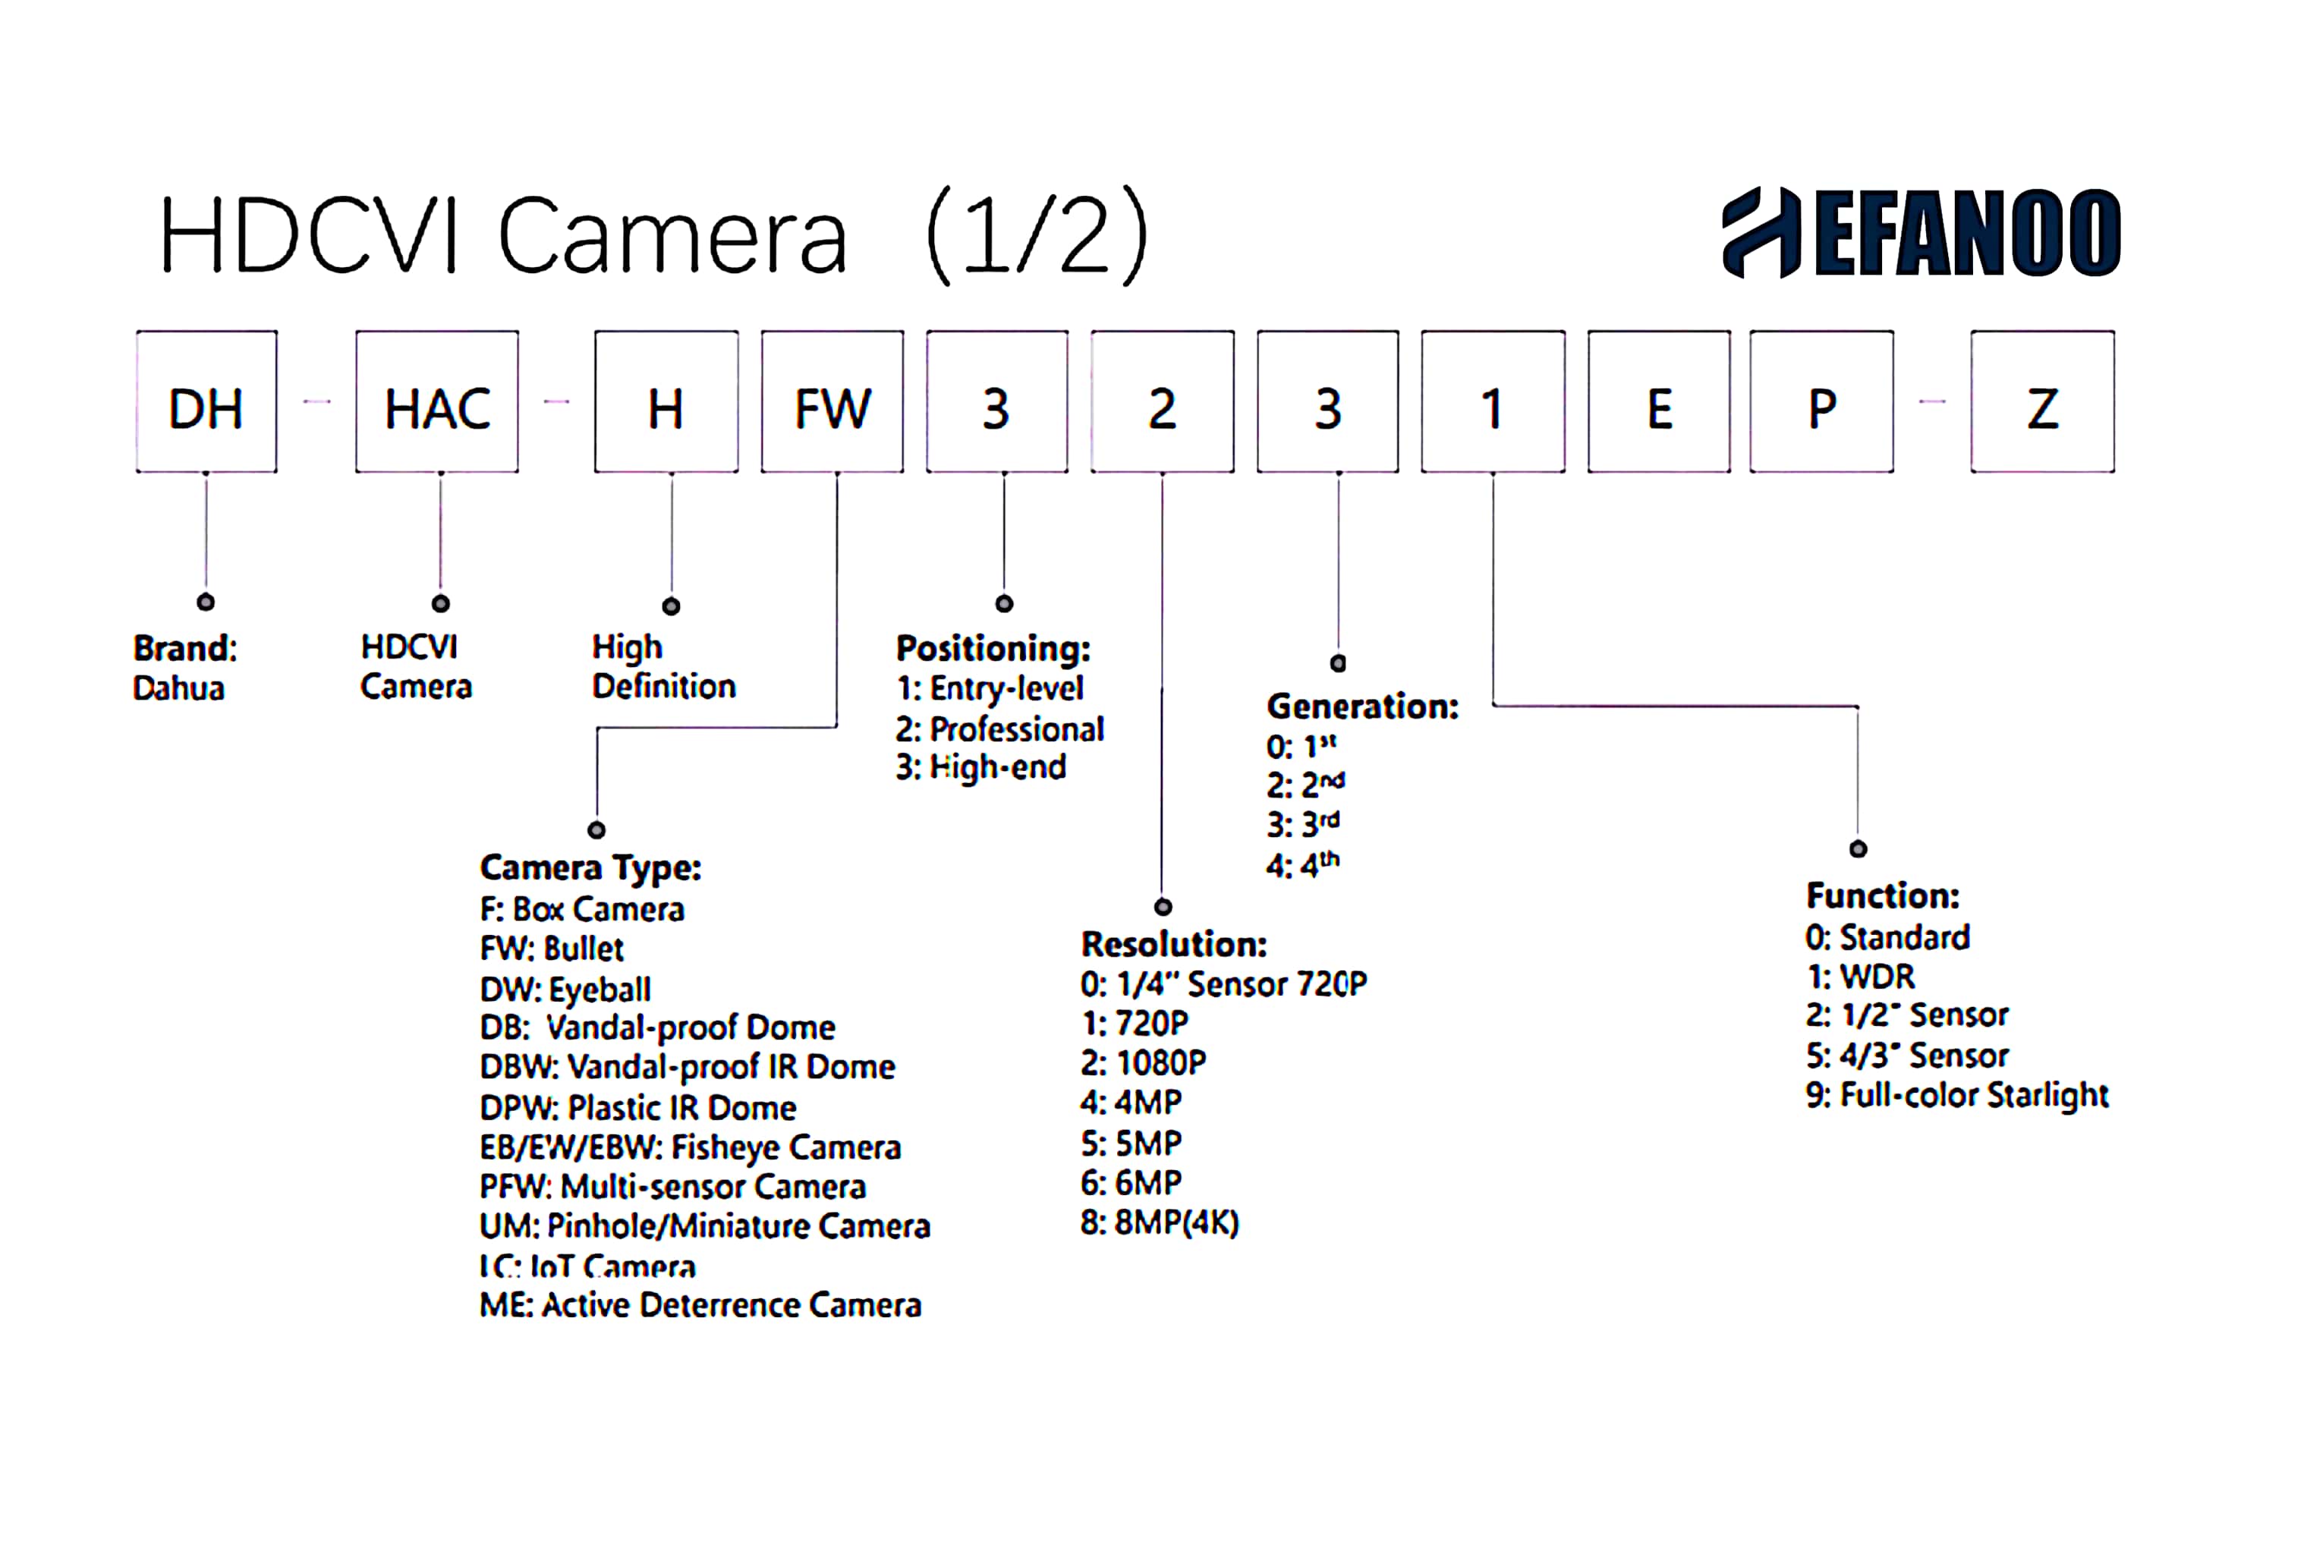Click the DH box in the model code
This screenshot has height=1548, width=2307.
point(206,402)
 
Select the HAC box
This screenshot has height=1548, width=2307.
point(436,402)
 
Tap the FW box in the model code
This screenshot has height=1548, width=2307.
point(832,402)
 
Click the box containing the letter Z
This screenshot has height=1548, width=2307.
point(2041,402)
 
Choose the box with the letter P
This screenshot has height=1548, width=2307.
point(1821,402)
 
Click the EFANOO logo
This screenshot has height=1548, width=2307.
point(1920,233)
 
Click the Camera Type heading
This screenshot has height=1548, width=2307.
point(590,868)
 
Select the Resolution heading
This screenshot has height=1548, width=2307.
point(1174,945)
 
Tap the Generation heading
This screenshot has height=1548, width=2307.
point(1362,707)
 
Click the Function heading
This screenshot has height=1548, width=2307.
point(1883,896)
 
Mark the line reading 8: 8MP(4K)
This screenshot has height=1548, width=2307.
point(1159,1223)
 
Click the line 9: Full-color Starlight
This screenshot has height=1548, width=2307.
point(1956,1096)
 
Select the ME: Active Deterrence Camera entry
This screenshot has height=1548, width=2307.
point(700,1305)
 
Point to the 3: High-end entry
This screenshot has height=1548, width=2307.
point(980,767)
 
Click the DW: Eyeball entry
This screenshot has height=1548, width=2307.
point(565,990)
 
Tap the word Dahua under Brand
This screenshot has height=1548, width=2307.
point(178,688)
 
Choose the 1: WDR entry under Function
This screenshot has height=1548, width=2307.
point(1860,977)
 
